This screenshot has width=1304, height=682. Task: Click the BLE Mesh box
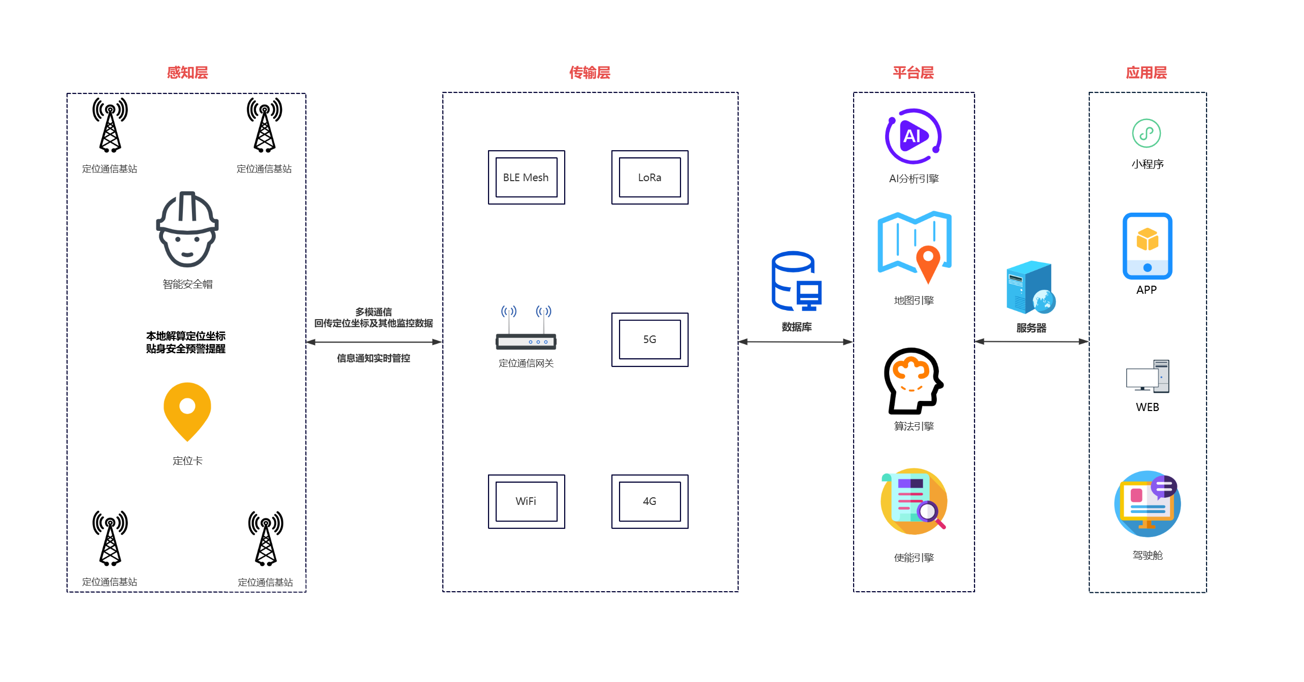[526, 178]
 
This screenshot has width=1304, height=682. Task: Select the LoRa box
[649, 178]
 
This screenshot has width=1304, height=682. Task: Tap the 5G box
[649, 339]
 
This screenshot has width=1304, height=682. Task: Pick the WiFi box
[526, 501]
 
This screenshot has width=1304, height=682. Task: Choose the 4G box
[649, 501]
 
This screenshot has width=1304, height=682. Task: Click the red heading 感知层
[187, 73]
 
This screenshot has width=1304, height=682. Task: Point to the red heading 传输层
[590, 73]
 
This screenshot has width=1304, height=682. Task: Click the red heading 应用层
[1146, 73]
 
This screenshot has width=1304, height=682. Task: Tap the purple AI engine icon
[913, 136]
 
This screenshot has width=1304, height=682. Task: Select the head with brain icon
[913, 381]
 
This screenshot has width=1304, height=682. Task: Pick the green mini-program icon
[1146, 133]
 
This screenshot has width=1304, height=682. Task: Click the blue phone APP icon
[1147, 246]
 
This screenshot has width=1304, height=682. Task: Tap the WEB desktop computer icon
[1147, 377]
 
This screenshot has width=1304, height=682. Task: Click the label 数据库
[796, 327]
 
